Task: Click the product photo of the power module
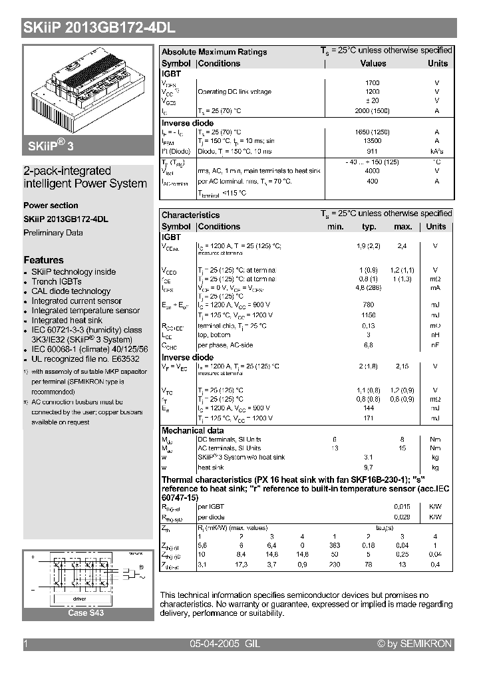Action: [88, 93]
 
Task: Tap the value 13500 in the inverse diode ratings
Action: [373, 141]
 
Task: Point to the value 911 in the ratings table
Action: [373, 151]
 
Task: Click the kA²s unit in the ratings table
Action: [437, 151]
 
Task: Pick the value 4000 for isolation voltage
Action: [373, 171]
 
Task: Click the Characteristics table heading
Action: [190, 215]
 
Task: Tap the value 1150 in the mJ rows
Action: [369, 315]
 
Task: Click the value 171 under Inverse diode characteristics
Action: [369, 418]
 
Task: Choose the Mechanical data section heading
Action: [193, 430]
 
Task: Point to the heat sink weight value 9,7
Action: [369, 468]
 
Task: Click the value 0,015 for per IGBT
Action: [402, 507]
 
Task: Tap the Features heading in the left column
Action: [44, 260]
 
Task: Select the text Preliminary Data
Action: [53, 233]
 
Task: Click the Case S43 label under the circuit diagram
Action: [86, 613]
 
